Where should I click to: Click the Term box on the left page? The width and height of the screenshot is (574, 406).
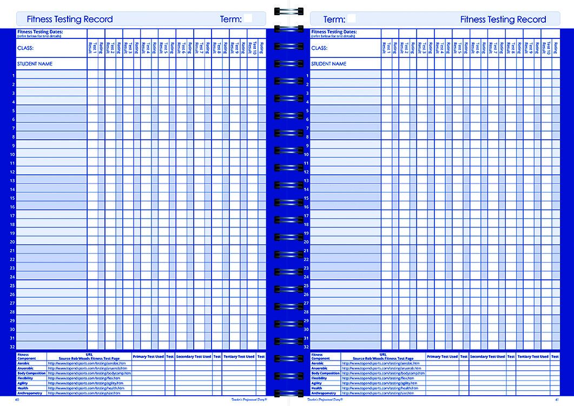coord(248,18)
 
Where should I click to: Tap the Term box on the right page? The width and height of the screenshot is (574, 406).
coord(351,18)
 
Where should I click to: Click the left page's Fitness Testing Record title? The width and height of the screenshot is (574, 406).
coord(70,19)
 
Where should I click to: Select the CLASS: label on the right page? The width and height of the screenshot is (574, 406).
coord(319,48)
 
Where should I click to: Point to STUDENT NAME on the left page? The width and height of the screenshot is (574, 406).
coord(35,64)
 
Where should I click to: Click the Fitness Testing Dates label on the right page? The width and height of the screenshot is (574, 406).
coord(334,32)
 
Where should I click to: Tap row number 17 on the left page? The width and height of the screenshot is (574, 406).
coord(12,215)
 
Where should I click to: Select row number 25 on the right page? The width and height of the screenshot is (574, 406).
coord(306,285)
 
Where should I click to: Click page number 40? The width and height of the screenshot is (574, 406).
coord(17,400)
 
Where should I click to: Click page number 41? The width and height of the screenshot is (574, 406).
coord(557,400)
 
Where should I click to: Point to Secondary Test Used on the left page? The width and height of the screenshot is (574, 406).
coord(193,357)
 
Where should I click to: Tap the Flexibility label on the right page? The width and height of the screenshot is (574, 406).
coord(319,378)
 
